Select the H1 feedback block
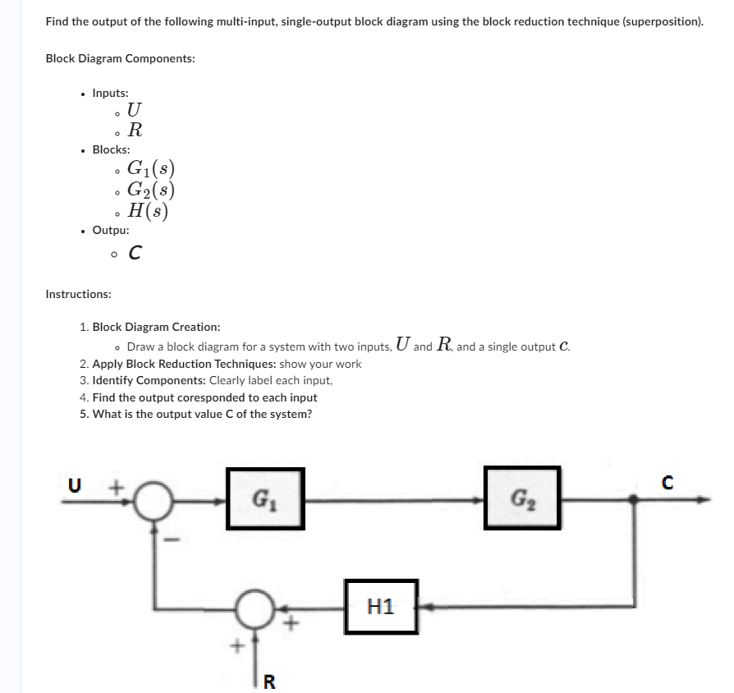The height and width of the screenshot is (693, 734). (381, 607)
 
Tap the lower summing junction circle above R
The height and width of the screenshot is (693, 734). (255, 609)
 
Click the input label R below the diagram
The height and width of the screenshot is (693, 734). (270, 680)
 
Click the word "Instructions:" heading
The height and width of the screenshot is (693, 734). (79, 294)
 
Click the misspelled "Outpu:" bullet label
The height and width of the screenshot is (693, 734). (111, 231)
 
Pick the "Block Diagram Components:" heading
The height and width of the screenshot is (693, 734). (120, 59)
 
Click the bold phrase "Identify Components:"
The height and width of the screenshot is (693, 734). (149, 380)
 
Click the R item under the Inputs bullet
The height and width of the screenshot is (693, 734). (136, 130)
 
